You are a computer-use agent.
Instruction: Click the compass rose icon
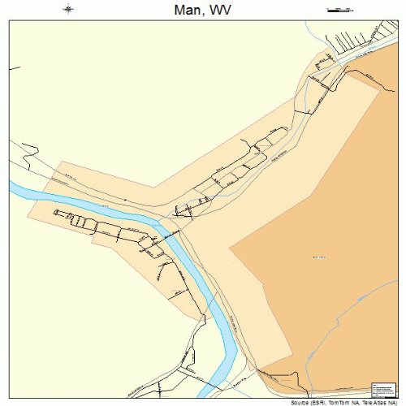68,10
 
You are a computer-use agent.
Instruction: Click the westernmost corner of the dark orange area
231,247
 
